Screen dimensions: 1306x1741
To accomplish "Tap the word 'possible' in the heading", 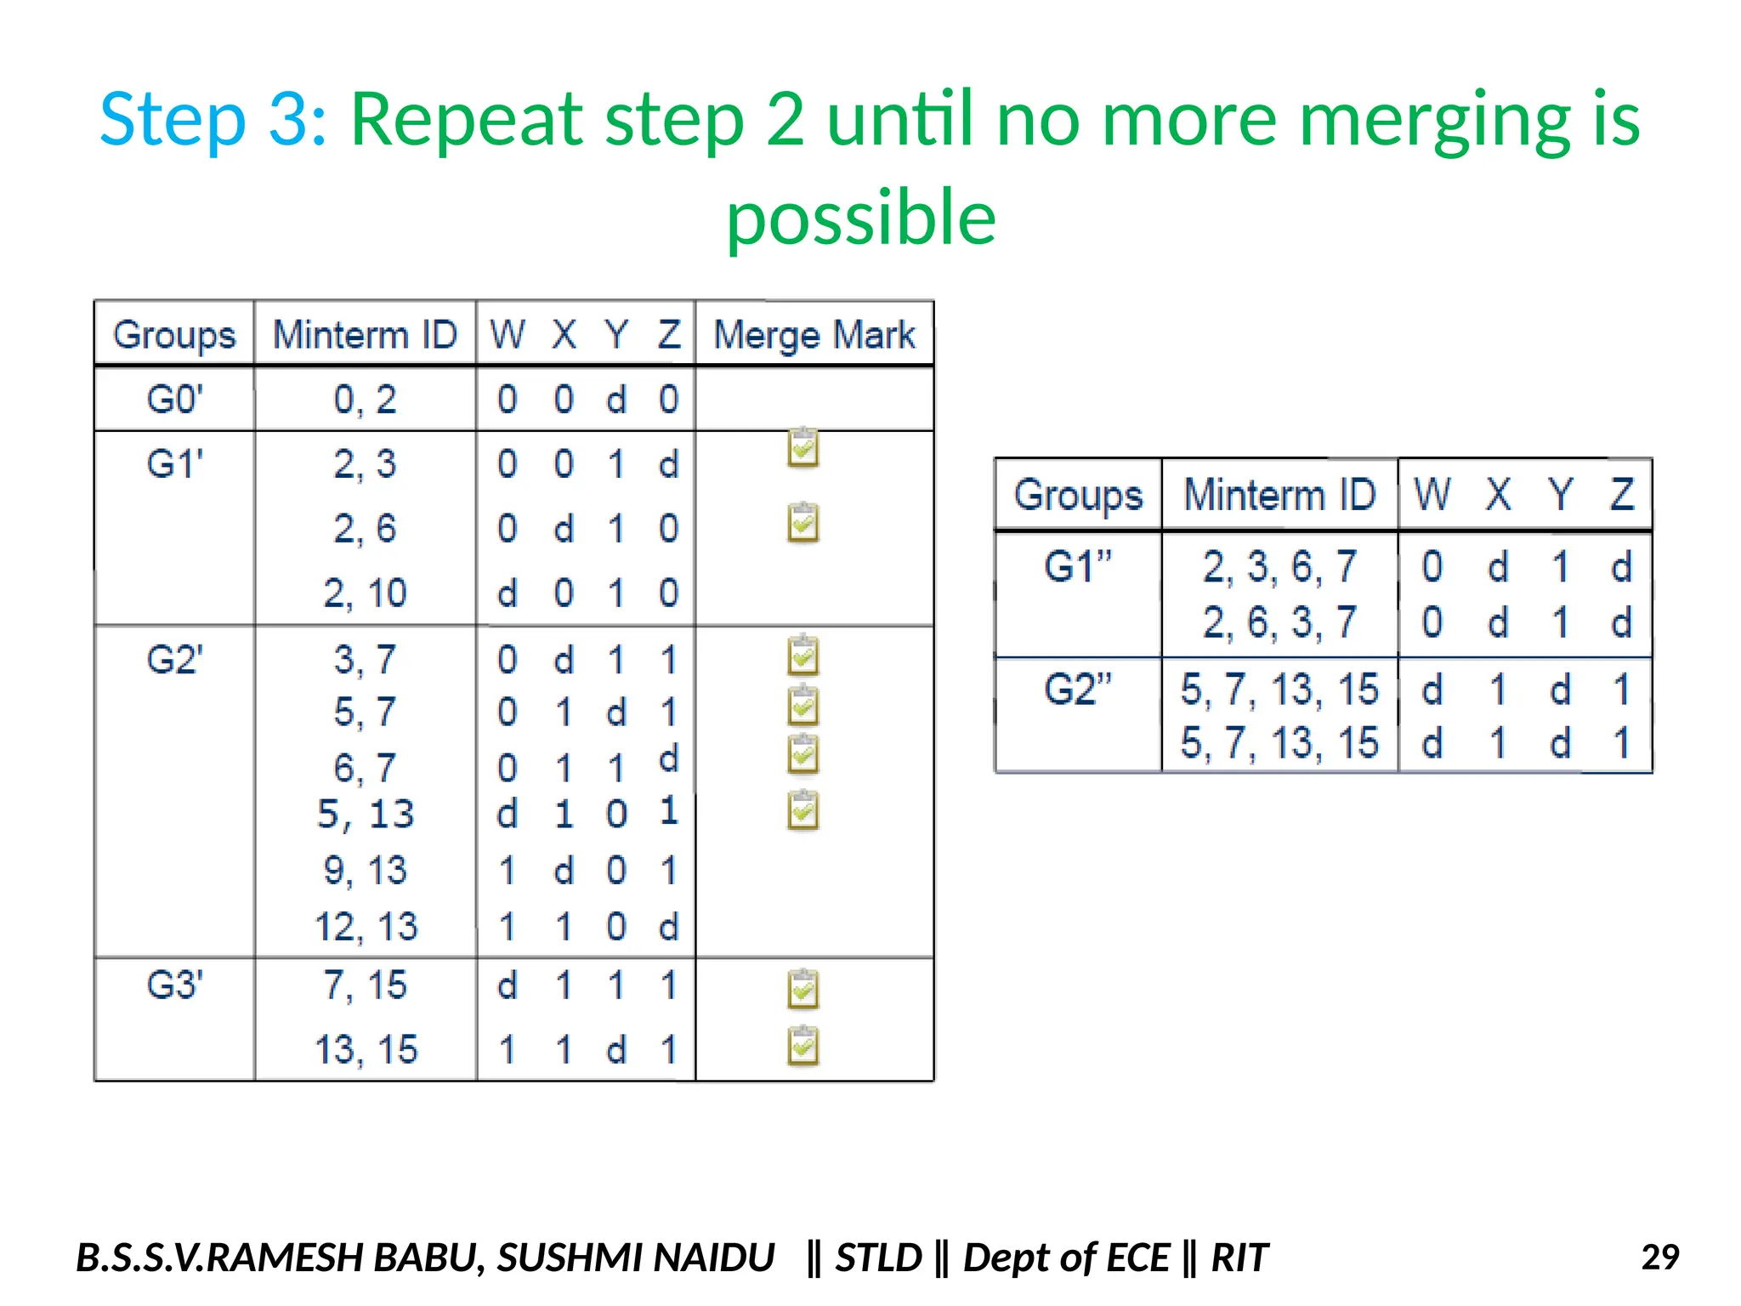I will [x=860, y=218].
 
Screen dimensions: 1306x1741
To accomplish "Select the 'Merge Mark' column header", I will [x=814, y=334].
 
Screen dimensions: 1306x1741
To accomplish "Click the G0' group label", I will [x=174, y=399].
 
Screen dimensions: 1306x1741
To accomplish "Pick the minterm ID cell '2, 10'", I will [x=365, y=593].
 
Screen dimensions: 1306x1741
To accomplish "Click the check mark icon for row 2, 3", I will [x=802, y=448].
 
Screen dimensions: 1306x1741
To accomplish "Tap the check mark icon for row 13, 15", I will [x=802, y=1047].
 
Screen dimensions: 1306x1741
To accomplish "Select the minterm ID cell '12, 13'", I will [x=366, y=926].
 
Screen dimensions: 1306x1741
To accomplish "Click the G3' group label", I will [x=174, y=985].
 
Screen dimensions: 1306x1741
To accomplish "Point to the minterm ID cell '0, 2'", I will [x=365, y=399].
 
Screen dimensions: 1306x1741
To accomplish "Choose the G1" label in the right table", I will [x=1078, y=566].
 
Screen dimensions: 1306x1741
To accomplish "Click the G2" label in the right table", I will [x=1078, y=689].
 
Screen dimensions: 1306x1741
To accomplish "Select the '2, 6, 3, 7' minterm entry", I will [x=1279, y=622].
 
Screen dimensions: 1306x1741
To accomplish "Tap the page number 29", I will [x=1659, y=1257].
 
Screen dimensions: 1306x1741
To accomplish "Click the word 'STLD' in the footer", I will [x=878, y=1258].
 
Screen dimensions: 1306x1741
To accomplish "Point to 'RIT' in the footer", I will [x=1239, y=1258].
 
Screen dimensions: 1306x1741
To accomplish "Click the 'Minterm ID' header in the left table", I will [x=365, y=334].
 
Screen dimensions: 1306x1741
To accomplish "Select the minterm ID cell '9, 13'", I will [x=365, y=870].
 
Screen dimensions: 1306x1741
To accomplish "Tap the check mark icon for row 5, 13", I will [x=802, y=810].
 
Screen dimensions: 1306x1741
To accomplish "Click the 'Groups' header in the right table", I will [x=1078, y=495].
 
